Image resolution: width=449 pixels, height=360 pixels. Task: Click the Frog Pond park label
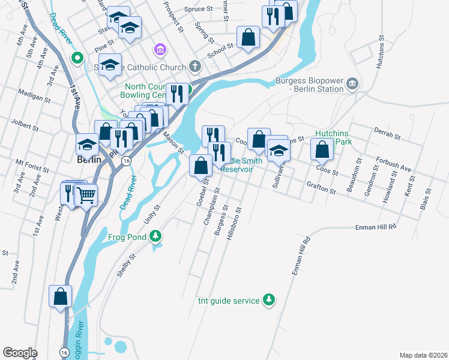pyautogui.click(x=127, y=237)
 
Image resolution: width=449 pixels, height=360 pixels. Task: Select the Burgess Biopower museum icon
pyautogui.click(x=352, y=85)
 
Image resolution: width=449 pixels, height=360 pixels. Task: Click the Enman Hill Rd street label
pyautogui.click(x=376, y=227)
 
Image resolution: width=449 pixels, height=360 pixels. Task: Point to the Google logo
pyautogui.click(x=20, y=352)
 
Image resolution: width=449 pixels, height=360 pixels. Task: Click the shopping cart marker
pyautogui.click(x=86, y=194)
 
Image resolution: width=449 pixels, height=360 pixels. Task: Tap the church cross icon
pyautogui.click(x=194, y=65)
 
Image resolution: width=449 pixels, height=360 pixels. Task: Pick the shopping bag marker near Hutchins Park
pyautogui.click(x=322, y=150)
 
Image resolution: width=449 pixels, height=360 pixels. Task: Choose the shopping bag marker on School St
pyautogui.click(x=248, y=37)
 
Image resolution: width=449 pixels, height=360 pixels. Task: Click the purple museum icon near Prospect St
pyautogui.click(x=160, y=49)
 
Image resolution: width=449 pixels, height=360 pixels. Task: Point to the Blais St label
pyautogui.click(x=427, y=199)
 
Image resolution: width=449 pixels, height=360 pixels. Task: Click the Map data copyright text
pyautogui.click(x=423, y=355)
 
